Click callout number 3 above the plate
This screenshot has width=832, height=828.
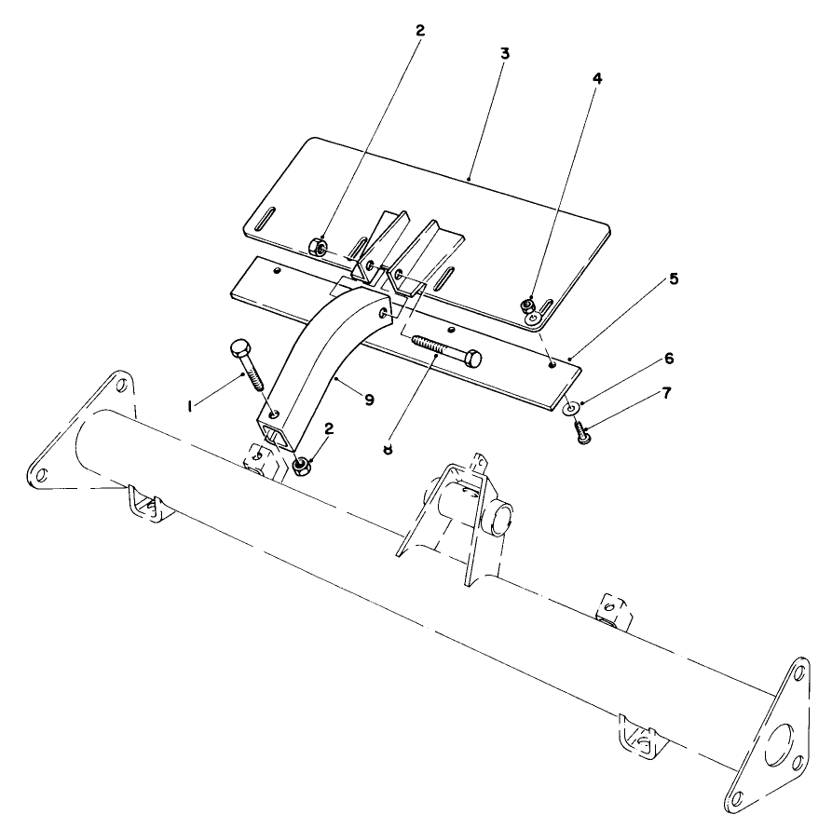pyautogui.click(x=504, y=53)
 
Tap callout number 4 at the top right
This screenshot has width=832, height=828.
pyautogui.click(x=597, y=79)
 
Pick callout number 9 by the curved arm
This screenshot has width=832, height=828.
pyautogui.click(x=369, y=400)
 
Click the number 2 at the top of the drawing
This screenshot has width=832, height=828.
pyautogui.click(x=419, y=30)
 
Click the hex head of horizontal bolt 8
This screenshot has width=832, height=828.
pyautogui.click(x=473, y=357)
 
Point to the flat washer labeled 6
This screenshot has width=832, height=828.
pyautogui.click(x=570, y=407)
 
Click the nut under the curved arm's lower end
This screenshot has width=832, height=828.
pyautogui.click(x=302, y=463)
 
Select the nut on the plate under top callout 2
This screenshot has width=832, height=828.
pyautogui.click(x=318, y=247)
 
